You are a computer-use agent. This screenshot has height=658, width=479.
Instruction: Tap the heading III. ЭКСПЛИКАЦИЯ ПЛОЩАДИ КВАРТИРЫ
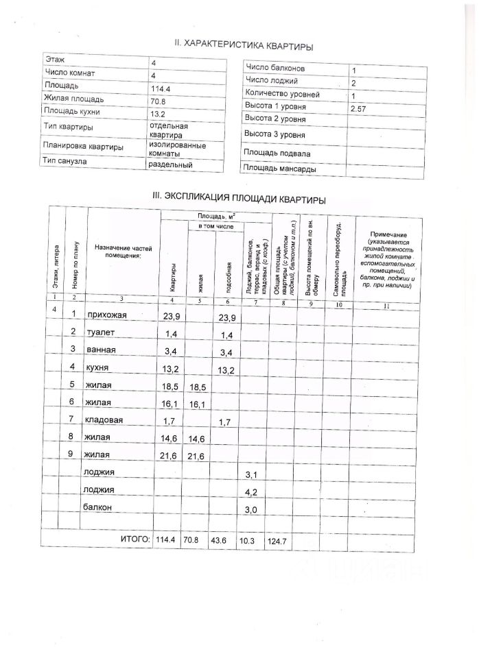(x=238, y=198)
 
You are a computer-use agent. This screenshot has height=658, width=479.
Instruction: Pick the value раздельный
(x=170, y=164)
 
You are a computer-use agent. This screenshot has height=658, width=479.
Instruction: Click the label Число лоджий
(x=272, y=82)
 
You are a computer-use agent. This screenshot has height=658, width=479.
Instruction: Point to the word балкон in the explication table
(x=97, y=508)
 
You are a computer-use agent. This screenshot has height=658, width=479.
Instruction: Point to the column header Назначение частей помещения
(x=122, y=252)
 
